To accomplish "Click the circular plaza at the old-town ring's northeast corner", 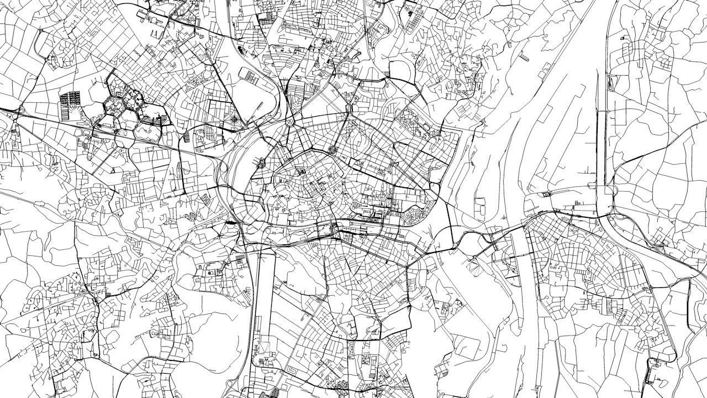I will (x=333, y=149).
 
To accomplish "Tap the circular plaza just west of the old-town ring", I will (x=261, y=163).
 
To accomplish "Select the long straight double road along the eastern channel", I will (x=602, y=138).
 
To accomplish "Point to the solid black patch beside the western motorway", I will (x=229, y=222).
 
